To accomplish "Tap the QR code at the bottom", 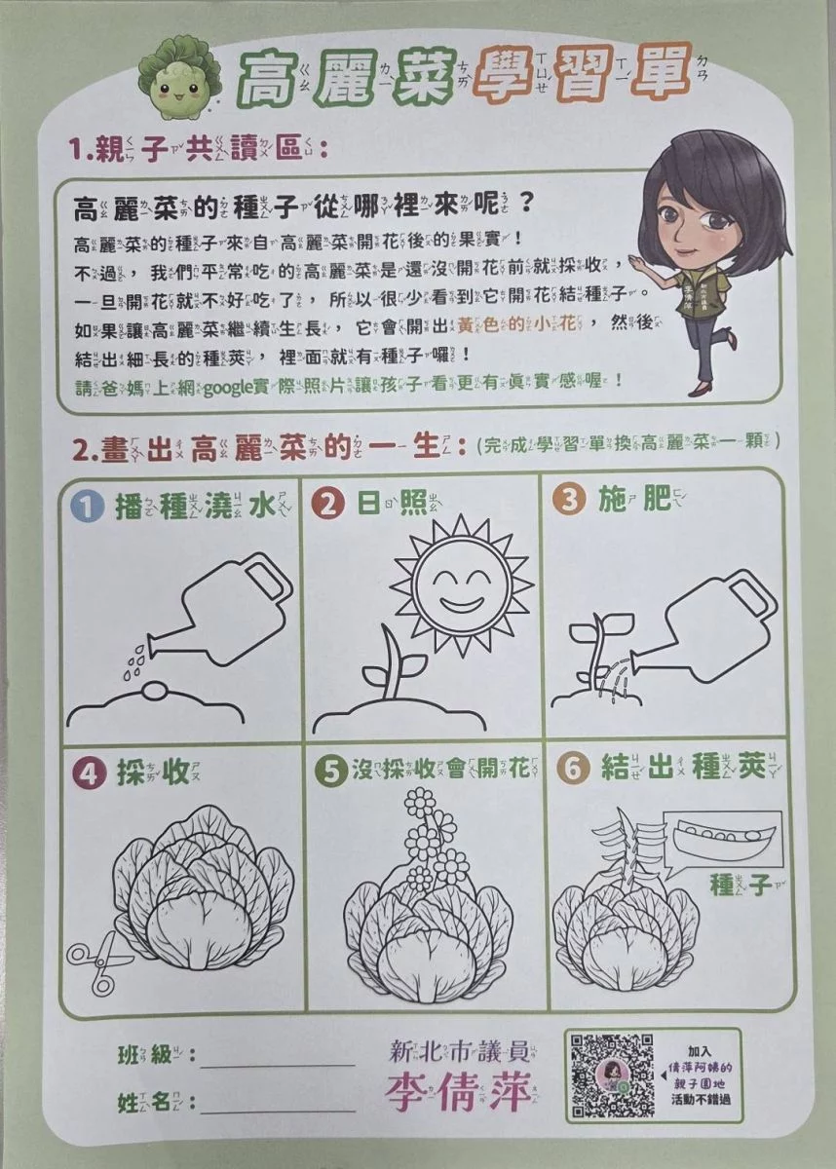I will click(x=612, y=1075).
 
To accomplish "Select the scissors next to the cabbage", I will click(x=98, y=962).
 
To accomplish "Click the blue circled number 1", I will click(x=90, y=505).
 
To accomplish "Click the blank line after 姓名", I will click(x=278, y=1110).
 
